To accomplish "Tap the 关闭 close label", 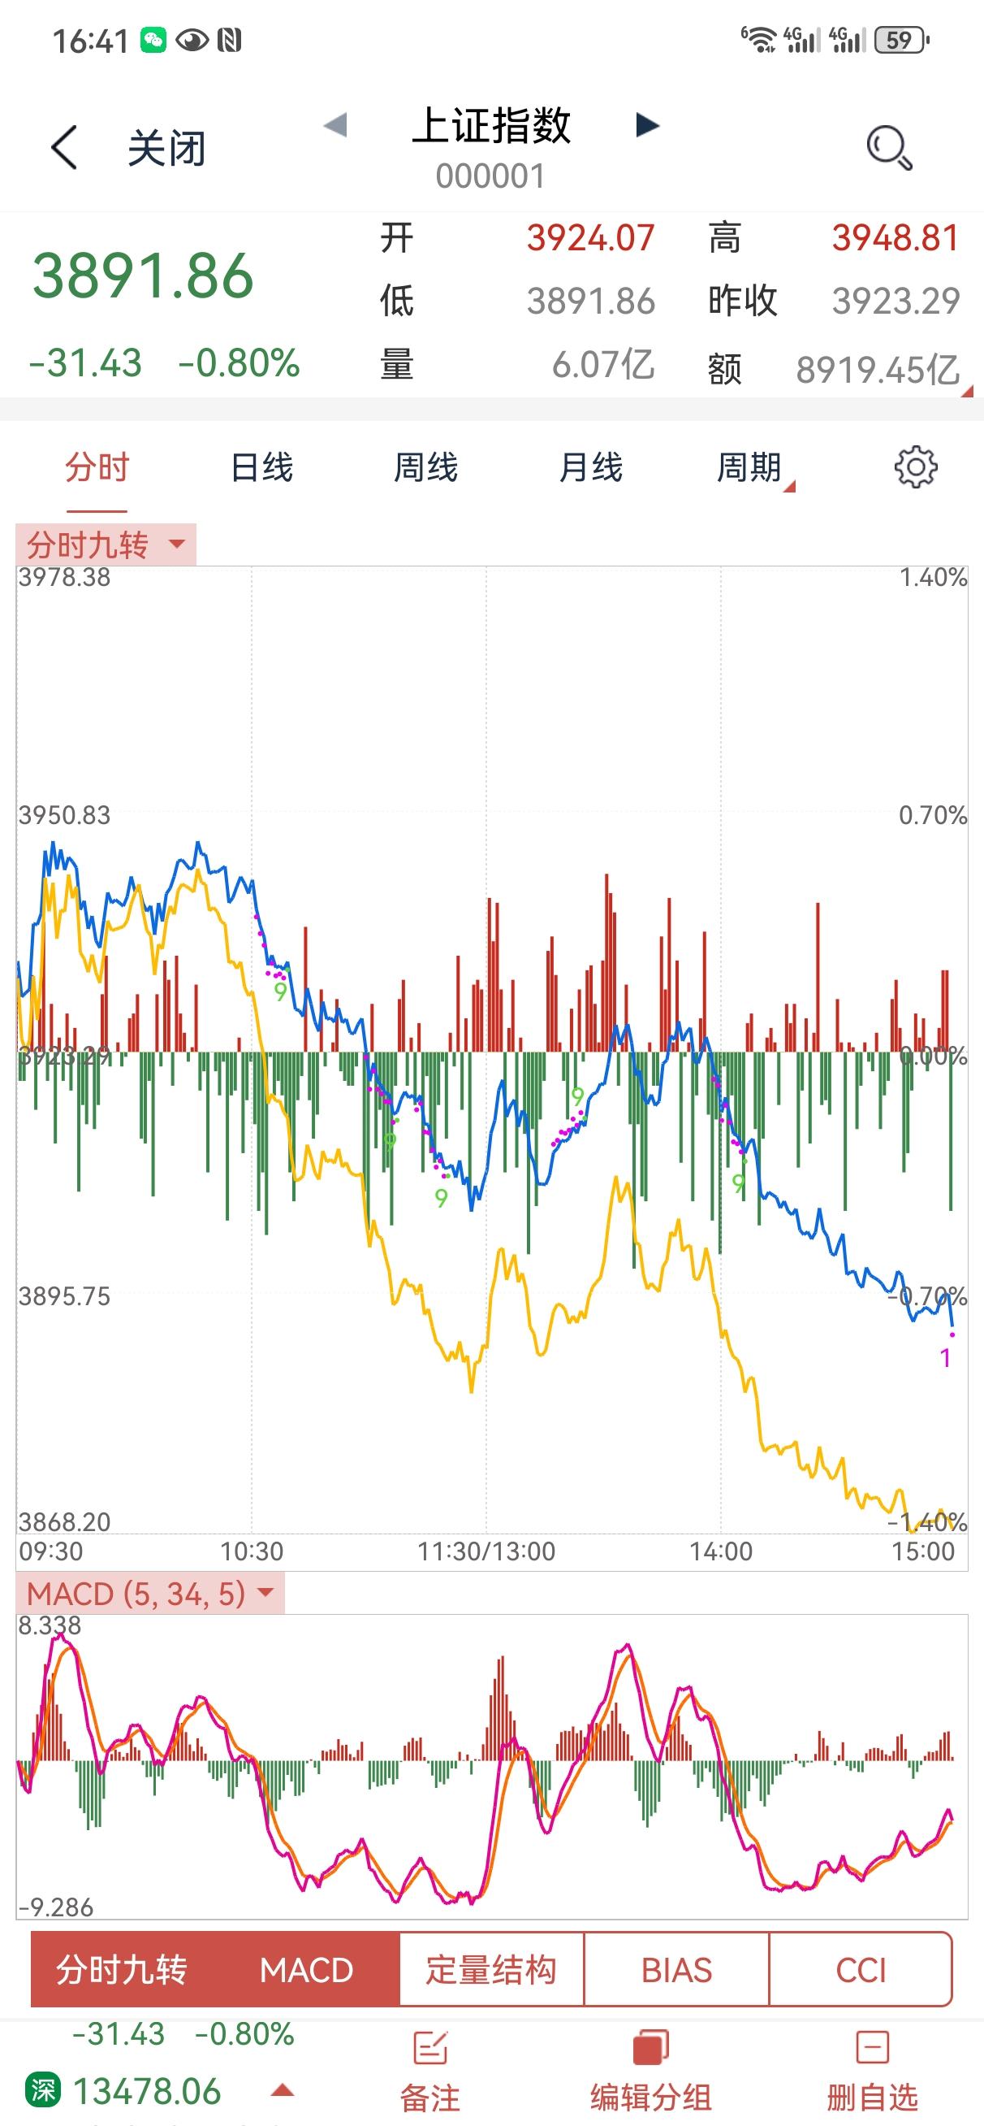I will [166, 150].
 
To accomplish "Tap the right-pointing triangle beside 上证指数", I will [648, 125].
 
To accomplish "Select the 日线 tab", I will [261, 467].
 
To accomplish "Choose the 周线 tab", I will [425, 467].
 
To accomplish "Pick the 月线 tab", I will [590, 467].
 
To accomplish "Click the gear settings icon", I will [916, 468].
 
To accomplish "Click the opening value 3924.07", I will [590, 238].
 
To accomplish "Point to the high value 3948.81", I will [895, 238].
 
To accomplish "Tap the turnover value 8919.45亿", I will [877, 370].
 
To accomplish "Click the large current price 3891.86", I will [143, 276].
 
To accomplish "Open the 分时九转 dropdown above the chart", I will [106, 545].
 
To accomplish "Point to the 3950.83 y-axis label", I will [64, 815].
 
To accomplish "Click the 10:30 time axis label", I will [252, 1551].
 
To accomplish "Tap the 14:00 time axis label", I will [721, 1551].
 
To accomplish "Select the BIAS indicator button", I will [676, 1970].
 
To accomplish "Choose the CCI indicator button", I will [861, 1970].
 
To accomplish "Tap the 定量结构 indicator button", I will [491, 1970].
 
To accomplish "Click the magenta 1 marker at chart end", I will [945, 1358].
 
